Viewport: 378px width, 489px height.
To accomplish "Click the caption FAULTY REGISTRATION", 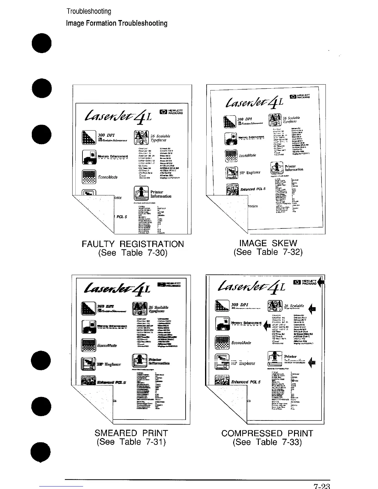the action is click(132, 244).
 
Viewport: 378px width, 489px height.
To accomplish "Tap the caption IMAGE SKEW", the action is click(268, 243).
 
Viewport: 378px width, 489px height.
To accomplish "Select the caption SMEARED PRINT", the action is click(131, 433).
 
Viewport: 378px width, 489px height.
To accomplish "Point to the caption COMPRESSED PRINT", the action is click(267, 433).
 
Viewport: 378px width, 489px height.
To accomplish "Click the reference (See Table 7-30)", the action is click(132, 253).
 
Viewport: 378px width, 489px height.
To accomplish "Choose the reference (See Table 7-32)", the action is click(268, 252).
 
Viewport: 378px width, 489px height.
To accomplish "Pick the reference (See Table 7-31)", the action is click(131, 442).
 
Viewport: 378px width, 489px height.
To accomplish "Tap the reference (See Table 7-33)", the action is click(267, 442).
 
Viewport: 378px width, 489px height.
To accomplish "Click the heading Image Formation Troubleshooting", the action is click(117, 23).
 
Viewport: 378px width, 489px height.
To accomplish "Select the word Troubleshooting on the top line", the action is click(89, 12).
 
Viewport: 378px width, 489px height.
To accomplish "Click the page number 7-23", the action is click(322, 486).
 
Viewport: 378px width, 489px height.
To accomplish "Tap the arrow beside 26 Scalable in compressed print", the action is click(313, 308).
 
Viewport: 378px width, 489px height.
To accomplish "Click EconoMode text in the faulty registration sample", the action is click(107, 177).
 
